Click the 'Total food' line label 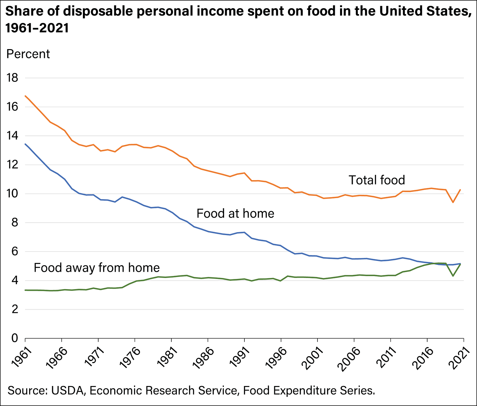[x=376, y=180]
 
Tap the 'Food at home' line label [x=235, y=213]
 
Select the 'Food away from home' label [x=97, y=268]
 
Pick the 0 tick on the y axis [x=15, y=338]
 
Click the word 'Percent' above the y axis [x=28, y=54]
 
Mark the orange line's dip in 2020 [x=453, y=202]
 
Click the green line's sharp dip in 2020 [x=453, y=276]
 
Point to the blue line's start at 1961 [x=25, y=144]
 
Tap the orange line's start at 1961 [x=25, y=96]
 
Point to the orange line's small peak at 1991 [x=244, y=173]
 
